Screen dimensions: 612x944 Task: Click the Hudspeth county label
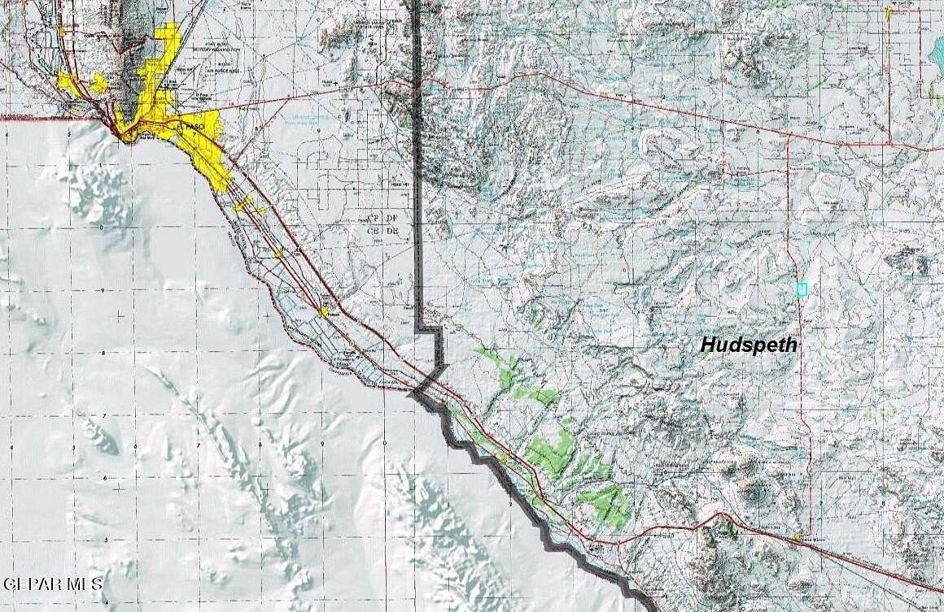coord(748,345)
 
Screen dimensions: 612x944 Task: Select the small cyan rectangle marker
coord(802,289)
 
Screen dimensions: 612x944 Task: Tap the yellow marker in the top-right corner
coord(888,13)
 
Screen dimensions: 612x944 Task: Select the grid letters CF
coord(374,219)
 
